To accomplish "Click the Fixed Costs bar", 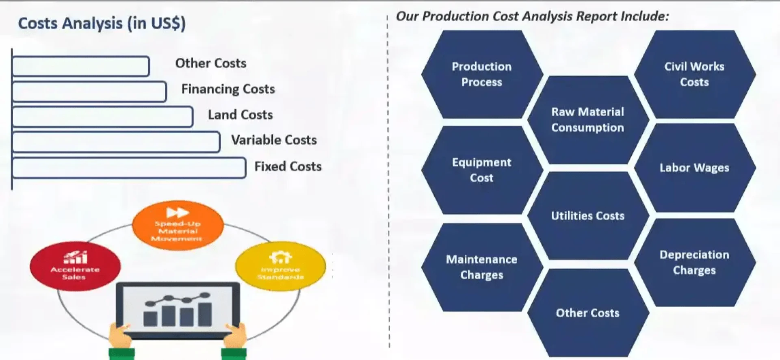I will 129,168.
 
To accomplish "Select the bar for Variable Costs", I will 116,142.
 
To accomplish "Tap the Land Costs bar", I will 102,117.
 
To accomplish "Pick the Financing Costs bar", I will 89,91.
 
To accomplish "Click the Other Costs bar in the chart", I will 80,66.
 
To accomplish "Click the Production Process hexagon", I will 482,74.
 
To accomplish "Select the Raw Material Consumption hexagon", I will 587,120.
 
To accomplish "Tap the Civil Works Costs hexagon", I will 694,74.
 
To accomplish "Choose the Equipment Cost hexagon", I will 482,170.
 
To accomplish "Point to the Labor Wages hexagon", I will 694,167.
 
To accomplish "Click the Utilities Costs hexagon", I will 587,216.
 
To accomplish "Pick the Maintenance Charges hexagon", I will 482,267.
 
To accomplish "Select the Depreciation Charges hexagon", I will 694,262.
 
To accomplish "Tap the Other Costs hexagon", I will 587,313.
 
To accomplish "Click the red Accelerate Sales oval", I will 75,267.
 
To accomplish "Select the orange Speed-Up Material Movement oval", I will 178,226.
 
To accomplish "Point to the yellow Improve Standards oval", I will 280,267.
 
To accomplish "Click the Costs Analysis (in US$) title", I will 102,24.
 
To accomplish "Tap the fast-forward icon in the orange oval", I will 178,213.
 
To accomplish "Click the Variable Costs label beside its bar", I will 274,140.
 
